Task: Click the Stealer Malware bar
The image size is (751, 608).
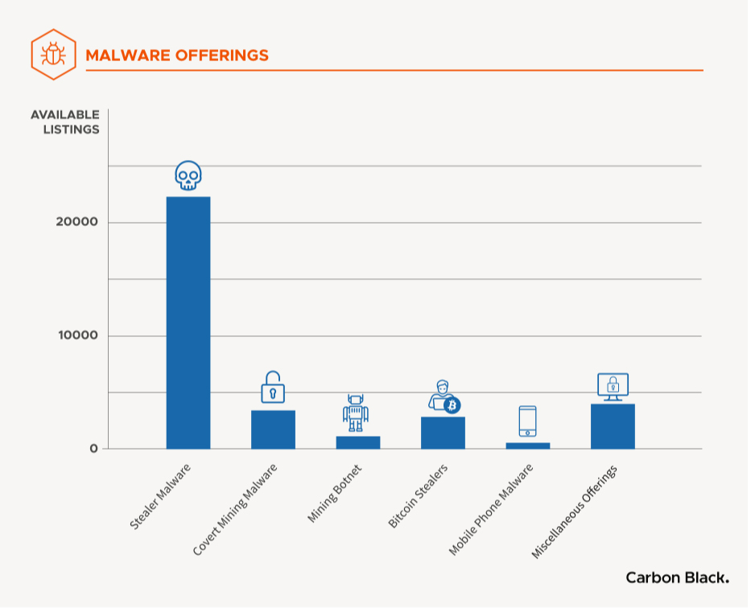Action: tap(188, 322)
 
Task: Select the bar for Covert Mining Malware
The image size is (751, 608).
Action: tap(273, 429)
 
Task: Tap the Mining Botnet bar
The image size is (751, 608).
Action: tap(357, 442)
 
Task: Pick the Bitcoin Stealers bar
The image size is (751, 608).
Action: tap(443, 433)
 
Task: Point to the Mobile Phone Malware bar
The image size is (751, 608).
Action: tap(527, 446)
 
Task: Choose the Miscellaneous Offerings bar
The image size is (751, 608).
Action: tap(613, 426)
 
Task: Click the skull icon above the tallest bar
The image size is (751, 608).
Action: tap(188, 176)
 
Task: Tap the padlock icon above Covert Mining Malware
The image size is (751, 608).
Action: tap(273, 388)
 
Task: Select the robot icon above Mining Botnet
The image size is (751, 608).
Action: tap(356, 413)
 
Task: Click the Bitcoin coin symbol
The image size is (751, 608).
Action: tap(452, 405)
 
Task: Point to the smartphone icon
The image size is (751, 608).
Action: tap(527, 421)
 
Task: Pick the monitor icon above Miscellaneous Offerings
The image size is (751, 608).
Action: tap(613, 386)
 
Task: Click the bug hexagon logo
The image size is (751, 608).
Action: tap(54, 55)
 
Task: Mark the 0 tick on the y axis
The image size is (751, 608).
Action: tap(93, 449)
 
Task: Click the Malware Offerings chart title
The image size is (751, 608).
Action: tap(177, 55)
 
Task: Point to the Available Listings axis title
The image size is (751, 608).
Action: tap(65, 121)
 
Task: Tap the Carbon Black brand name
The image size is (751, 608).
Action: tap(677, 577)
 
